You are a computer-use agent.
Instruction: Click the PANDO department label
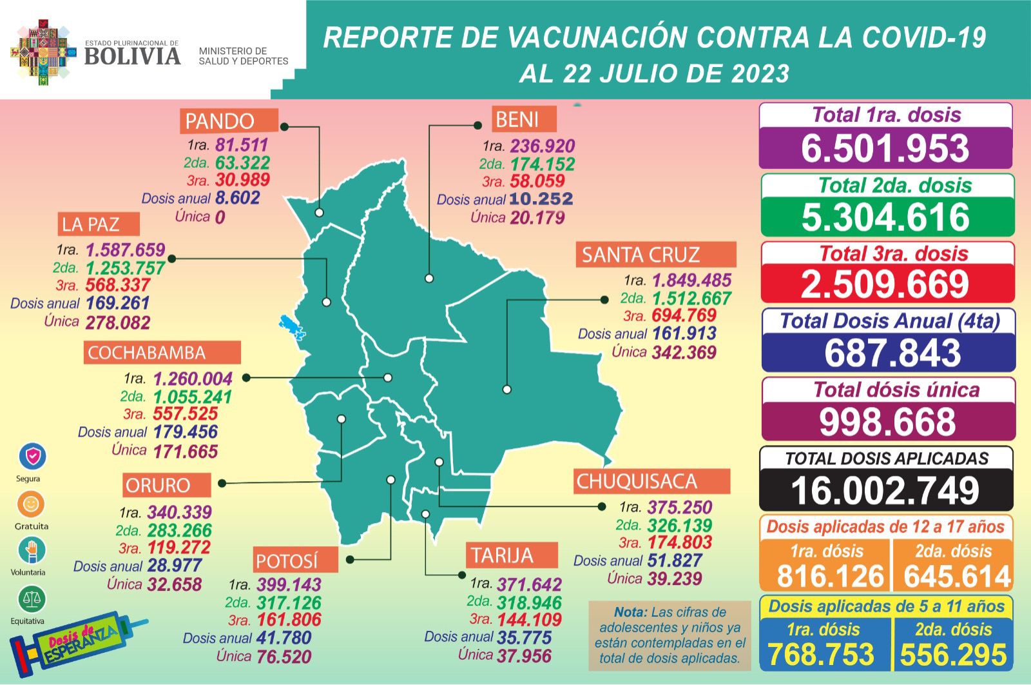(220, 121)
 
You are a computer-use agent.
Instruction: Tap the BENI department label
(517, 119)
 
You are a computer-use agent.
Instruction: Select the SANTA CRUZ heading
(641, 255)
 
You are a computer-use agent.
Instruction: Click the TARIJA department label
(502, 555)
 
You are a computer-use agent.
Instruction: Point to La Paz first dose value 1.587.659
(125, 250)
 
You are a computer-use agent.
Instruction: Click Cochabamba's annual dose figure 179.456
(186, 432)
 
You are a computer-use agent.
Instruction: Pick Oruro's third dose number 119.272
(178, 548)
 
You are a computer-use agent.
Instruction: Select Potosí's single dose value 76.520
(284, 657)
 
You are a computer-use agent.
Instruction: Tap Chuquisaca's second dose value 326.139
(679, 525)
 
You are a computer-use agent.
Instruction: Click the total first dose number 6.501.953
(885, 148)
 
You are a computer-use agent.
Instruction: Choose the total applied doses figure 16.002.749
(885, 491)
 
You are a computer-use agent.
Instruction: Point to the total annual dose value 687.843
(892, 353)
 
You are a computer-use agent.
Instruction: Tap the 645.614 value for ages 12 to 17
(957, 576)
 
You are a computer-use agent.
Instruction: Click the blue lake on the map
(292, 326)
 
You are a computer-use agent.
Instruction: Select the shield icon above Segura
(32, 457)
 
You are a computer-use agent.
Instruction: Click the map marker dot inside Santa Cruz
(507, 390)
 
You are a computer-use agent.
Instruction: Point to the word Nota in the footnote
(630, 612)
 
